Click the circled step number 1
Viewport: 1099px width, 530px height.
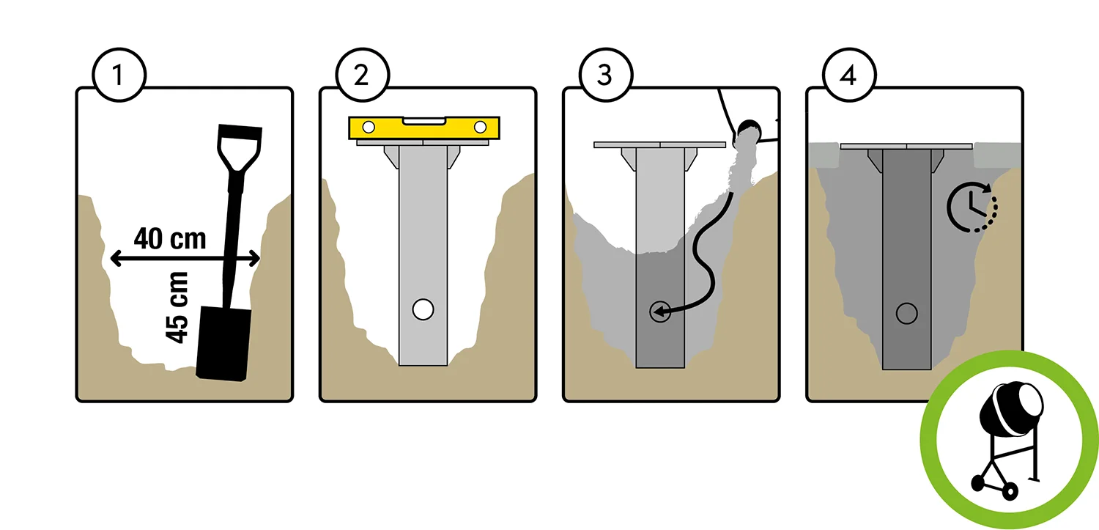pyautogui.click(x=119, y=75)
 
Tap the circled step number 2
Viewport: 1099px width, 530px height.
pyautogui.click(x=362, y=75)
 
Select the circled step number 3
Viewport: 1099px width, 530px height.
pyautogui.click(x=605, y=75)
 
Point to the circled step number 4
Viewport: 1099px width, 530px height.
pyautogui.click(x=848, y=75)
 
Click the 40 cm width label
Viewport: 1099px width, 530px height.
pyautogui.click(x=170, y=239)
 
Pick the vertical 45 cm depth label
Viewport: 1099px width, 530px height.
pyautogui.click(x=177, y=307)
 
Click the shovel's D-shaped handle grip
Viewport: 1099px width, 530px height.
pyautogui.click(x=239, y=148)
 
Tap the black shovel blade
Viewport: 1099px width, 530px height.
pyautogui.click(x=223, y=344)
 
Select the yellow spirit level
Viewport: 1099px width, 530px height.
pyautogui.click(x=424, y=128)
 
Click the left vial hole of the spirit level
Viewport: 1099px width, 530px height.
pyautogui.click(x=369, y=128)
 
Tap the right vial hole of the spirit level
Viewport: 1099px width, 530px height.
pyautogui.click(x=480, y=128)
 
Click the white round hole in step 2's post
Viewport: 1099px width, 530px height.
pyautogui.click(x=423, y=309)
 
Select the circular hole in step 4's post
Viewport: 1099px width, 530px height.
pyautogui.click(x=907, y=313)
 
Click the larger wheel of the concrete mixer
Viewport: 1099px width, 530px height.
pyautogui.click(x=1010, y=491)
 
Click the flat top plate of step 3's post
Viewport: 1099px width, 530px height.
pyautogui.click(x=660, y=144)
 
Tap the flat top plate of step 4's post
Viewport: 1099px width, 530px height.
pyautogui.click(x=907, y=146)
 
